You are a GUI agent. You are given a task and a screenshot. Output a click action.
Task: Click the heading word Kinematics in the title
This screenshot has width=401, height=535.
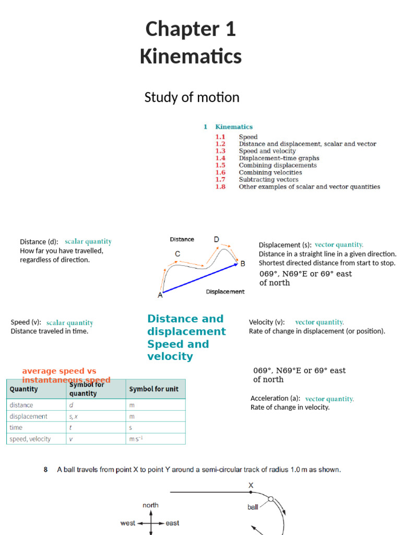(191, 56)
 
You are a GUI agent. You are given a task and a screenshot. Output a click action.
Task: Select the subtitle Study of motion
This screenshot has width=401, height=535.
(192, 97)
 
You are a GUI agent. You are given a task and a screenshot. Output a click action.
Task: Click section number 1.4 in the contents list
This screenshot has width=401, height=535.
(220, 158)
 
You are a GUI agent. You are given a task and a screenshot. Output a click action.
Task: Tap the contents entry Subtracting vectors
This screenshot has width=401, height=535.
(268, 179)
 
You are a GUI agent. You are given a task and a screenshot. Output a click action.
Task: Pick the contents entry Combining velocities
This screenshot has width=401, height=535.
(270, 172)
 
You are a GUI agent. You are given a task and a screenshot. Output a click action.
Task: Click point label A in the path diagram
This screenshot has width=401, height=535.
(160, 295)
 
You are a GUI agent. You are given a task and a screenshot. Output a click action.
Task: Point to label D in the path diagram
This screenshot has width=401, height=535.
(216, 239)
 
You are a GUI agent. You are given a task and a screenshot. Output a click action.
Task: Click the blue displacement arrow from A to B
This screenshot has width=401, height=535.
(201, 277)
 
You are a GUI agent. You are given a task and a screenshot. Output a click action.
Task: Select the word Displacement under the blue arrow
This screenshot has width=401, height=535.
(225, 292)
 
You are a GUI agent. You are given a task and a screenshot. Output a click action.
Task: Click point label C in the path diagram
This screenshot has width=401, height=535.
(178, 254)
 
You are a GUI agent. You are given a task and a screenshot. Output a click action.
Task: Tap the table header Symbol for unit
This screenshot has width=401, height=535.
(152, 389)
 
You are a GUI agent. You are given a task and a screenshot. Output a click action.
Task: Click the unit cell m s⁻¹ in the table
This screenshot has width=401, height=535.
(136, 439)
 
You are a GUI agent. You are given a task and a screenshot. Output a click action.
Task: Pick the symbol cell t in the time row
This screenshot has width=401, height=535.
(70, 427)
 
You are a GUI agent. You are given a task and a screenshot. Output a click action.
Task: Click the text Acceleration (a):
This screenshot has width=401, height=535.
(275, 398)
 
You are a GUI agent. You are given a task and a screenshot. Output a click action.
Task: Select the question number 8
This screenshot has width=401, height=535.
(46, 470)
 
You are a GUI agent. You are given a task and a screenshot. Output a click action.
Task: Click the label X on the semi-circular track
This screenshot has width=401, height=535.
(251, 485)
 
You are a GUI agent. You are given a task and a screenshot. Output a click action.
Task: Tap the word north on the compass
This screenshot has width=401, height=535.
(150, 505)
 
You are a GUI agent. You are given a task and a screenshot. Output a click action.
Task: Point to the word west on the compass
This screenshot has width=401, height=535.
(128, 523)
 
